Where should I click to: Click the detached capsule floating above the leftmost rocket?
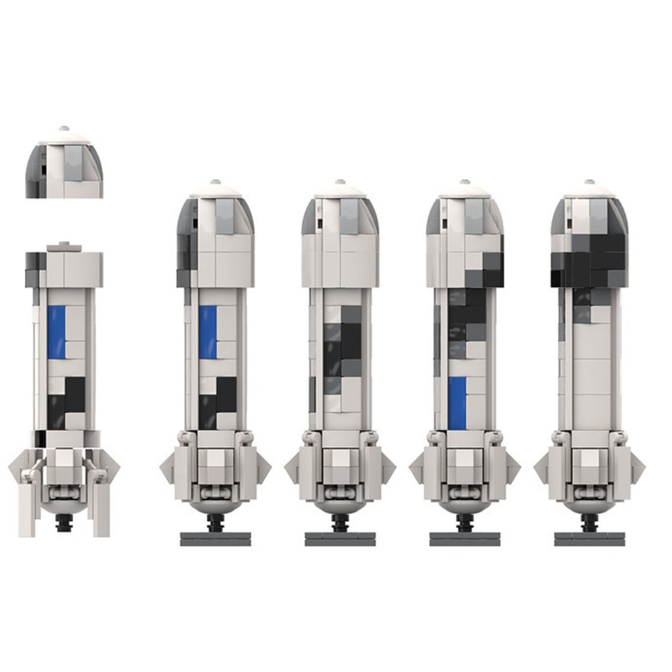pos(65,165)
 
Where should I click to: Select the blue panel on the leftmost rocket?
pos(57,332)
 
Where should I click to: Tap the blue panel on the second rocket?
pos(208,332)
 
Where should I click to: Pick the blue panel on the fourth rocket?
pos(457,402)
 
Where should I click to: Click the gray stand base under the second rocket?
pos(216,539)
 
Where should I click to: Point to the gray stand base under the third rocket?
pos(340,539)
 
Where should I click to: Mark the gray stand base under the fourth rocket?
pos(465,539)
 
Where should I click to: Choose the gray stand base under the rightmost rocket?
pos(589,539)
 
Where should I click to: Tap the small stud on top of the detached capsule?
pos(64,128)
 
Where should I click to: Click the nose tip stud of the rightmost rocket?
pos(589,182)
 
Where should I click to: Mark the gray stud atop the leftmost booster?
pos(64,247)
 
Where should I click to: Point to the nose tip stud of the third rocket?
pos(340,182)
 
